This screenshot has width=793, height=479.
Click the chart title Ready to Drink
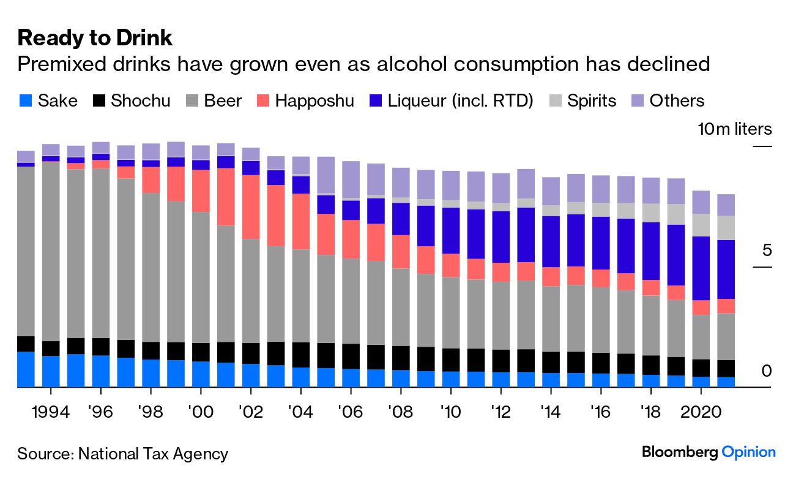pyautogui.click(x=95, y=38)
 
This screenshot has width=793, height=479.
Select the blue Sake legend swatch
pyautogui.click(x=25, y=100)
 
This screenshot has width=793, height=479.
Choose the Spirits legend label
pyautogui.click(x=591, y=100)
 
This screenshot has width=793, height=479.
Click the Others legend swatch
pyautogui.click(x=638, y=100)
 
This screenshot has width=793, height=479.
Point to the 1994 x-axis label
pyautogui.click(x=51, y=410)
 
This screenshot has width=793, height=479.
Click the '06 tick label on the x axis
pyautogui.click(x=351, y=410)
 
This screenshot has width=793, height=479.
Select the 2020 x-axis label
pyautogui.click(x=701, y=410)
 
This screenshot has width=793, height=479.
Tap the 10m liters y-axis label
pyautogui.click(x=735, y=129)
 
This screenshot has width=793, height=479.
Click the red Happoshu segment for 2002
pyautogui.click(x=251, y=207)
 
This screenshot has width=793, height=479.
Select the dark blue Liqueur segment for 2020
pyautogui.click(x=701, y=268)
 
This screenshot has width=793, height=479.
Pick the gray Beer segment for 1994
pyautogui.click(x=51, y=251)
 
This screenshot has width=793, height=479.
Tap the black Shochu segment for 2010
pyautogui.click(x=451, y=360)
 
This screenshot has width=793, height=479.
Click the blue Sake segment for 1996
pyautogui.click(x=101, y=371)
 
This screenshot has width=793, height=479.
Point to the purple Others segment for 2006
pyautogui.click(x=351, y=179)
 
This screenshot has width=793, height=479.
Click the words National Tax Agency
pyautogui.click(x=152, y=454)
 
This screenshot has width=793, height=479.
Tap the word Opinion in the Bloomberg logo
pyautogui.click(x=748, y=453)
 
